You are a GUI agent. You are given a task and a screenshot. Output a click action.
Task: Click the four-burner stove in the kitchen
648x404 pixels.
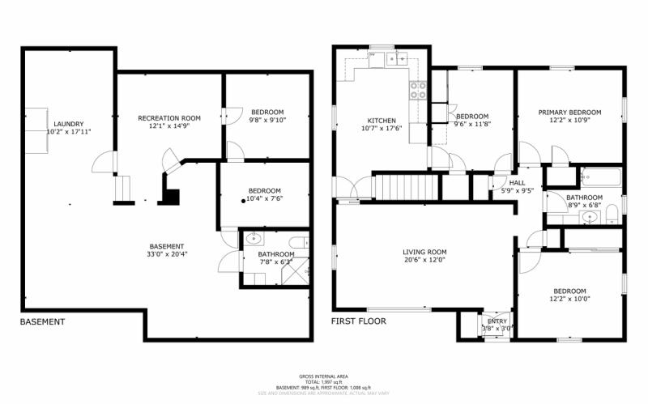click(x=419, y=91)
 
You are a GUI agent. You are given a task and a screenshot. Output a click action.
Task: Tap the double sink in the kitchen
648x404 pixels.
click(x=397, y=58)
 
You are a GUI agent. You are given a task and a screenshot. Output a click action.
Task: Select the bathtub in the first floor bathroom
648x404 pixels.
click(x=599, y=176)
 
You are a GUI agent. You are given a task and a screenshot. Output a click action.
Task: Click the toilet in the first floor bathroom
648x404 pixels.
click(x=612, y=215)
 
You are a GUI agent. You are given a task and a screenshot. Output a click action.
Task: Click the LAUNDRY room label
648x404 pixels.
click(x=69, y=123)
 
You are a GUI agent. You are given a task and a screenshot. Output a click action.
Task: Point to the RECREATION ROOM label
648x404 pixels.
click(x=168, y=118)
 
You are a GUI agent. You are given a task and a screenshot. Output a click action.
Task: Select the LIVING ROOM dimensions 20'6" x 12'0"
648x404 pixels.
click(x=424, y=260)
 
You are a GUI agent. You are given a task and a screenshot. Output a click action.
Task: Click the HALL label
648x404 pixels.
click(x=517, y=182)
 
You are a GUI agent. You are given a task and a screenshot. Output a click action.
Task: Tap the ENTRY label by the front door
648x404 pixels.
click(x=496, y=321)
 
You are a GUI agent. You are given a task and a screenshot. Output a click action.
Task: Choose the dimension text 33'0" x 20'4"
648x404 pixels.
click(x=166, y=255)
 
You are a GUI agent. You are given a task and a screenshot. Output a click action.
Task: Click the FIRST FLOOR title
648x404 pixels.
click(x=358, y=321)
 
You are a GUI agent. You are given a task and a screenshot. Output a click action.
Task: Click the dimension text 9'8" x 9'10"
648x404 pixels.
click(x=266, y=120)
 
